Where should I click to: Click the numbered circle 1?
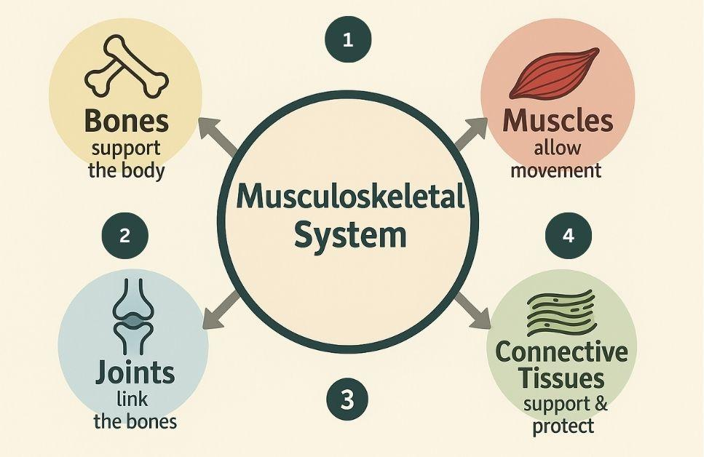[x=348, y=39]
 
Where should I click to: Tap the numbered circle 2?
[x=124, y=236]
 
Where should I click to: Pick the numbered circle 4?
[x=568, y=236]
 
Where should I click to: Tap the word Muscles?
[x=558, y=121]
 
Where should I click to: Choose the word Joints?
[x=135, y=372]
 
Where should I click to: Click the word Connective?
[x=561, y=352]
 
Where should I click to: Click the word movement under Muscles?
[x=556, y=171]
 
